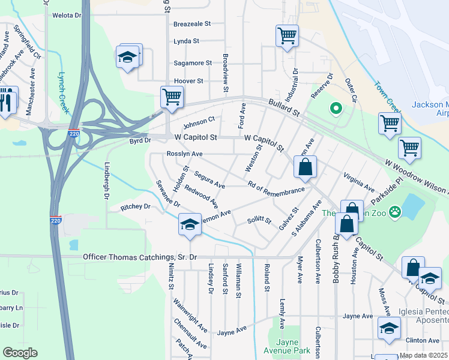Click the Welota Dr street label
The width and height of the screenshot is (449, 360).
[x=66, y=16]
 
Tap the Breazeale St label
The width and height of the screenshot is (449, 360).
[x=192, y=24]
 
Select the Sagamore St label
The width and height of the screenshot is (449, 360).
[x=192, y=62]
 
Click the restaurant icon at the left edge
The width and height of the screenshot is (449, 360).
[x=7, y=100]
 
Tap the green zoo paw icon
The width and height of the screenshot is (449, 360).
[x=395, y=211]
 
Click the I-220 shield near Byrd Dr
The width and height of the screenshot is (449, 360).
[x=73, y=133]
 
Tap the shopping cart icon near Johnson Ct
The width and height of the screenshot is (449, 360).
[x=172, y=97]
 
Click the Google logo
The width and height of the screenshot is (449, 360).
[x=20, y=353]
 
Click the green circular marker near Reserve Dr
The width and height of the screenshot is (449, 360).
[x=336, y=109]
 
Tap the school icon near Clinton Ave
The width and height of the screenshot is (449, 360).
[x=389, y=329]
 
